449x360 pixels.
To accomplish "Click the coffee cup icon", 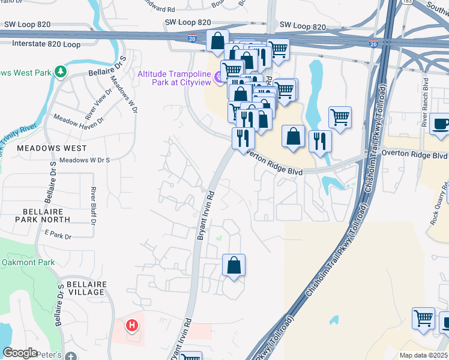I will click(442, 124).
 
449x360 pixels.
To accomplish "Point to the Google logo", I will click(20, 353).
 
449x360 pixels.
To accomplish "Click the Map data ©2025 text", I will click(424, 355).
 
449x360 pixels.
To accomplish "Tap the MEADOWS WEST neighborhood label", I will click(52, 148).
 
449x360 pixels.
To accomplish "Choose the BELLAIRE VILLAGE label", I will click(86, 288).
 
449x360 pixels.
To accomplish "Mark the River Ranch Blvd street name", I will click(425, 102).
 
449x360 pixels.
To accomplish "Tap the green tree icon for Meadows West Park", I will click(60, 72).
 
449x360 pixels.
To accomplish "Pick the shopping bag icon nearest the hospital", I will click(234, 265).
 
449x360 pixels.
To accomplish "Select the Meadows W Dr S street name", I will click(85, 160).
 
